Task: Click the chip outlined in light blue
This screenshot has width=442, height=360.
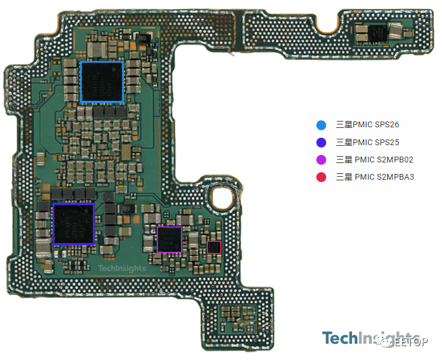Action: click(x=102, y=82)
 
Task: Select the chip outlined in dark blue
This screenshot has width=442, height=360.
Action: click(x=73, y=223)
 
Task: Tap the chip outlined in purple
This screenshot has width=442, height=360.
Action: click(x=169, y=239)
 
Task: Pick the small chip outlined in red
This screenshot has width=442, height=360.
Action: click(x=214, y=247)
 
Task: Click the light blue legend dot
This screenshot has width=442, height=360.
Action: click(x=322, y=125)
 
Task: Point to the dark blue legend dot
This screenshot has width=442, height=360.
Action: click(x=322, y=142)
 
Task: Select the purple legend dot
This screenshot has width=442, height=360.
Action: click(x=322, y=160)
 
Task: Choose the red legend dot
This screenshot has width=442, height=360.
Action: click(x=322, y=177)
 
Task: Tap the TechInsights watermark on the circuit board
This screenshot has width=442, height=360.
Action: click(x=122, y=268)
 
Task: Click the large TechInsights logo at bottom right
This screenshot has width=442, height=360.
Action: click(x=369, y=338)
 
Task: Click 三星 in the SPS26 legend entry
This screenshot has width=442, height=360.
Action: click(x=344, y=125)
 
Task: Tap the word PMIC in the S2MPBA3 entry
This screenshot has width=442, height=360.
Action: click(x=365, y=177)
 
